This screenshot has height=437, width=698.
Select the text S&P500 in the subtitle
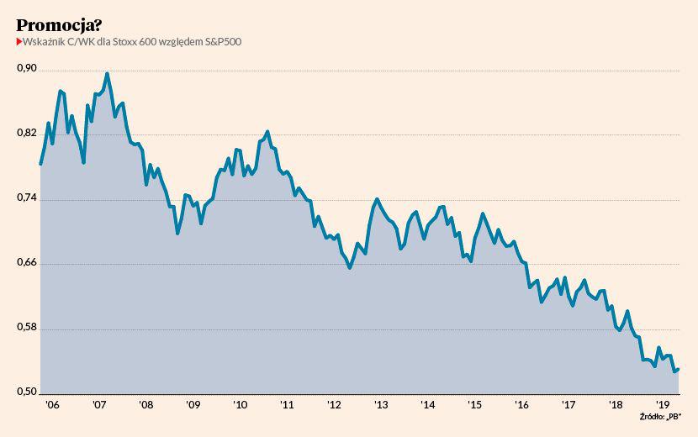pos(223,42)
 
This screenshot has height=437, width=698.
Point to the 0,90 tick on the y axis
pos(28,69)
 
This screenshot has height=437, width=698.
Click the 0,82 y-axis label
pos(28,134)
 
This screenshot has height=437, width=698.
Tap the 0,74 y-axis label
pos(28,198)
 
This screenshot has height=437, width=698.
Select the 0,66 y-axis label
pos(28,263)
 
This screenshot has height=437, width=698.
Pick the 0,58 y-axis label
pos(28,329)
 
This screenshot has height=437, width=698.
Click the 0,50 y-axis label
pos(28,392)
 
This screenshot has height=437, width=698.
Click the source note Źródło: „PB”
pos(661,416)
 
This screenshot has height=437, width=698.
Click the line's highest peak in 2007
pos(107,74)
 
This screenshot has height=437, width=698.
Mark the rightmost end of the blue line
pos(678,368)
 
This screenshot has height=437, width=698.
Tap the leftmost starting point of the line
pos(40,164)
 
